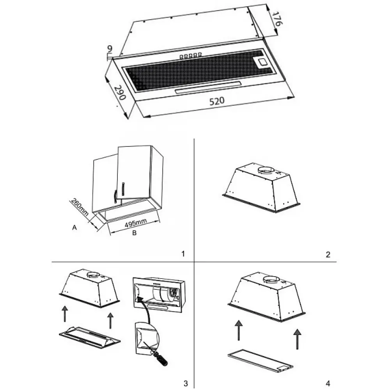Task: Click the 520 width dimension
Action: pyautogui.click(x=216, y=101)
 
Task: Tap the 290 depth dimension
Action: pyautogui.click(x=120, y=93)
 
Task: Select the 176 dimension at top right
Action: pyautogui.click(x=277, y=19)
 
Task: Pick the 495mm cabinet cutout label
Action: pyautogui.click(x=136, y=223)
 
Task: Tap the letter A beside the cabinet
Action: pyautogui.click(x=74, y=227)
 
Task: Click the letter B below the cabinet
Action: pyautogui.click(x=134, y=233)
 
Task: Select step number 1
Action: pyautogui.click(x=183, y=254)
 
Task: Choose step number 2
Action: pyautogui.click(x=328, y=254)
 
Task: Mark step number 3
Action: pyautogui.click(x=186, y=383)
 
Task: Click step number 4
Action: pyautogui.click(x=328, y=383)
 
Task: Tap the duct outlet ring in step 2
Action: pyautogui.click(x=266, y=170)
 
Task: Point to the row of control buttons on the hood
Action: pyautogui.click(x=191, y=56)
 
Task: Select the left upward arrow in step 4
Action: pyautogui.click(x=239, y=330)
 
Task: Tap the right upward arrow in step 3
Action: pyautogui.click(x=110, y=321)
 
